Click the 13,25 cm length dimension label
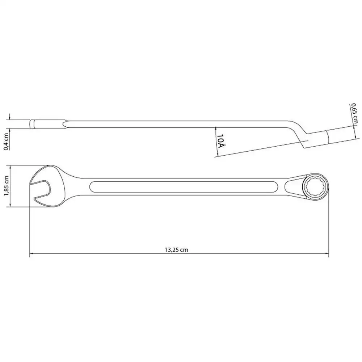click(x=176, y=250)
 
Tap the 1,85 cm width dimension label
click(x=6, y=186)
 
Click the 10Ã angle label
click(x=220, y=141)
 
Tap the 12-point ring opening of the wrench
click(x=315, y=186)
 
